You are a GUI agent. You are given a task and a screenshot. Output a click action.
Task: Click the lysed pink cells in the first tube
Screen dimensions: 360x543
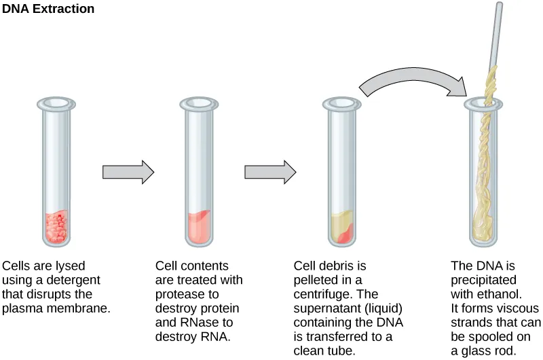pyautogui.click(x=56, y=228)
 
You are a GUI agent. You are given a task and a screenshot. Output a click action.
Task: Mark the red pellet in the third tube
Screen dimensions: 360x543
pyautogui.click(x=345, y=235)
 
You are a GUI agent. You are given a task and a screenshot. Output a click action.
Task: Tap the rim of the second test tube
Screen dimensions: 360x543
pyautogui.click(x=198, y=104)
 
